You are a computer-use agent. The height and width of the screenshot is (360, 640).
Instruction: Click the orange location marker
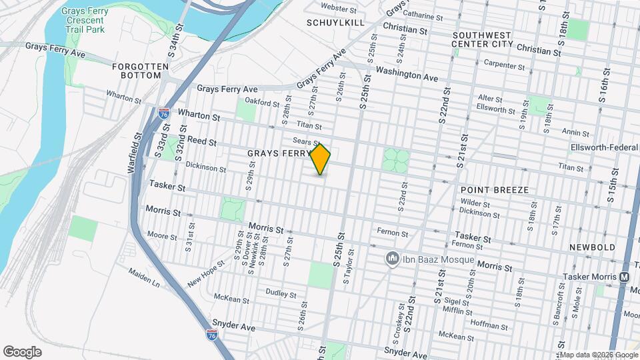(321, 159)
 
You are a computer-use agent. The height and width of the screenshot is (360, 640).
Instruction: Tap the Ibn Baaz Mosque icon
(393, 258)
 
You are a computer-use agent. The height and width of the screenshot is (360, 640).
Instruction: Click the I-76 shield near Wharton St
(164, 114)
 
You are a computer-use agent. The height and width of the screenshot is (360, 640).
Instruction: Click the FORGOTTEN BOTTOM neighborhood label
(137, 71)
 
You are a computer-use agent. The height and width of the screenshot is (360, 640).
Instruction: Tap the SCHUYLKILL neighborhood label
(335, 22)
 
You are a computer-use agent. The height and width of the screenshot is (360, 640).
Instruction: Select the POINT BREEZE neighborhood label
(494, 190)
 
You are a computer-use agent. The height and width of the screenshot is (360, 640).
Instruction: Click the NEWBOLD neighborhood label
(592, 247)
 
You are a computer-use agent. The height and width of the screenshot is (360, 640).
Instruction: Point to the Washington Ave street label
(407, 73)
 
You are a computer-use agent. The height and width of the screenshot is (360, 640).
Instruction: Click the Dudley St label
(280, 293)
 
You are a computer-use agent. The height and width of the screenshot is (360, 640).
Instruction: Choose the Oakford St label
(262, 103)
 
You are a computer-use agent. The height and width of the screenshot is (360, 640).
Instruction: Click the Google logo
(22, 351)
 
